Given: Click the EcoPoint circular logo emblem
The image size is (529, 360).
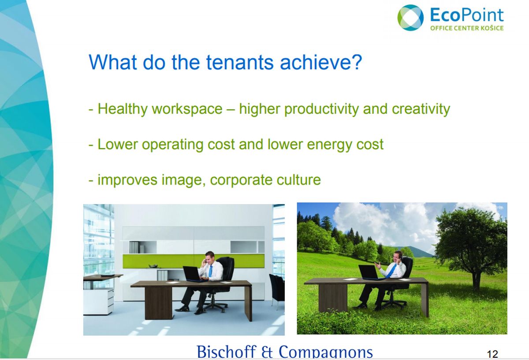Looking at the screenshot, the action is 410,18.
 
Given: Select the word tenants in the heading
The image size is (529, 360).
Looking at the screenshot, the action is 240,62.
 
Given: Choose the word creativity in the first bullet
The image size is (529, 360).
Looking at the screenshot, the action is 421,109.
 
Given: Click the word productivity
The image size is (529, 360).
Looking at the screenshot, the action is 321,109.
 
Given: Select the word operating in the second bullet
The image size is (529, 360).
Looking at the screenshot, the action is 172,145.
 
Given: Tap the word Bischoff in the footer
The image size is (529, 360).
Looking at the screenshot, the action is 227,352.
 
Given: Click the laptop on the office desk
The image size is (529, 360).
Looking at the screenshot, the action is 193,274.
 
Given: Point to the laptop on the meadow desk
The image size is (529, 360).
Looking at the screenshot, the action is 369,272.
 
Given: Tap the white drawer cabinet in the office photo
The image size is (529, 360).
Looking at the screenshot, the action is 99,301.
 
